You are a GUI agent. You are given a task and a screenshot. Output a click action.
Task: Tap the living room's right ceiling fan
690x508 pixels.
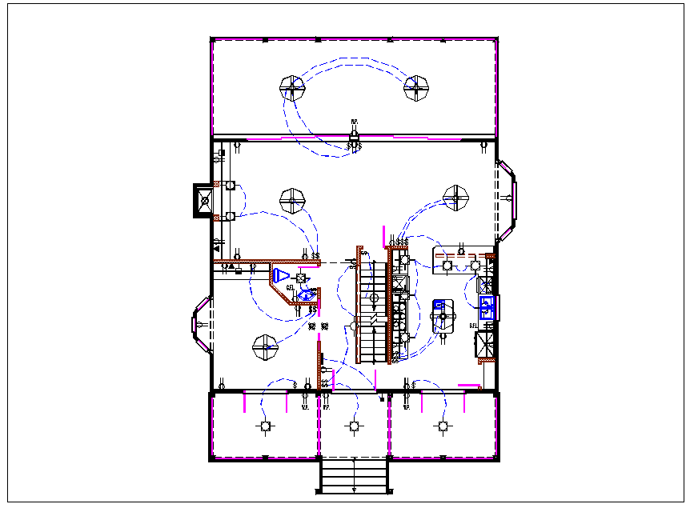(x=457, y=197)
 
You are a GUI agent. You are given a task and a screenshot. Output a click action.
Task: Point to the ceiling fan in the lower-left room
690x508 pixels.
(x=265, y=347)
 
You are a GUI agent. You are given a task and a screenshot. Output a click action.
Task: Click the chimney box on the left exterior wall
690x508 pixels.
(x=203, y=200)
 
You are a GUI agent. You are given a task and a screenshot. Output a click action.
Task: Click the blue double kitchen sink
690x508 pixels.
(x=486, y=303)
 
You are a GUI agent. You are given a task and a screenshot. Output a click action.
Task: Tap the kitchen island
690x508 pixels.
(x=442, y=317)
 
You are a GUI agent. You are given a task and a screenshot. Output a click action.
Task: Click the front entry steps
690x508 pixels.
(x=354, y=475)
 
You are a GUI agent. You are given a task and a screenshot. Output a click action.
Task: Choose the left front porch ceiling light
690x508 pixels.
(x=265, y=426)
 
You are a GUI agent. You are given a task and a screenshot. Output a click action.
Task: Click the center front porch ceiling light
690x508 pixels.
(x=354, y=426)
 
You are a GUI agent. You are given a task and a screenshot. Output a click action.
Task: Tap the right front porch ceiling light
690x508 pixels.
(x=442, y=426)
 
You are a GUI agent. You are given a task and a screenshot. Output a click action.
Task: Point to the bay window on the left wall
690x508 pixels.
(x=200, y=325)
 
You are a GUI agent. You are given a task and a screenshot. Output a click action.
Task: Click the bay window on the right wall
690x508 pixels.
(x=507, y=201)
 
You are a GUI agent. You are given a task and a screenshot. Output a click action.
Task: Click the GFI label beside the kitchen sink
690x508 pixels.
(x=473, y=326)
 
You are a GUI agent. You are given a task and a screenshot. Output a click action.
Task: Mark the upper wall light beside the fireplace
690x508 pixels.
(x=229, y=186)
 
